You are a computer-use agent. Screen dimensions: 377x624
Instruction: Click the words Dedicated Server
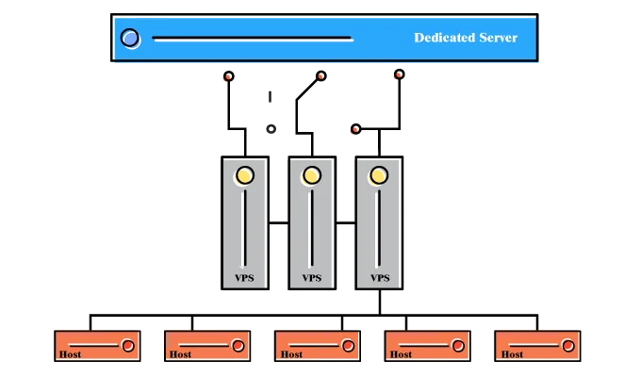(466, 38)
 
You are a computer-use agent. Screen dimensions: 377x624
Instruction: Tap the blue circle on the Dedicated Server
(130, 39)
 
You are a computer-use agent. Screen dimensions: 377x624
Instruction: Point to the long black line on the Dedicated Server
(253, 40)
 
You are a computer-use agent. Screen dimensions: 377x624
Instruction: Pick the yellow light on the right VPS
(379, 174)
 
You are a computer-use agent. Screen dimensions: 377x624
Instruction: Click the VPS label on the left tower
(244, 278)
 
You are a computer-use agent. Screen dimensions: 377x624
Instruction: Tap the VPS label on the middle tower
(311, 278)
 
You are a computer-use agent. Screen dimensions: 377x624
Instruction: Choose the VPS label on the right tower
(380, 278)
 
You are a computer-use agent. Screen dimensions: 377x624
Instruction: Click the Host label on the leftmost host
(70, 354)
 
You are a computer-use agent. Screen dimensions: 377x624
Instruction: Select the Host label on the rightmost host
(512, 354)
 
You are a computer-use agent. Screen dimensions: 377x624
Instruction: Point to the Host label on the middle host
(291, 354)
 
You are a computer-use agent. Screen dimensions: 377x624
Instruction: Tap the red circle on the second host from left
(238, 346)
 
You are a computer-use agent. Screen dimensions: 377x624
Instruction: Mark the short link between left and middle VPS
(278, 222)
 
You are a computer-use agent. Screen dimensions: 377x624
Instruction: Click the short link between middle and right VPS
(346, 222)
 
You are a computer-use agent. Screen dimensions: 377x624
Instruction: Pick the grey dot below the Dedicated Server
(271, 127)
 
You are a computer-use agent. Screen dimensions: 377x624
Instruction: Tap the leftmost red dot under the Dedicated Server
(227, 75)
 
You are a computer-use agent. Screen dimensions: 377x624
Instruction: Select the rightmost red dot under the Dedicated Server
(400, 73)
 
